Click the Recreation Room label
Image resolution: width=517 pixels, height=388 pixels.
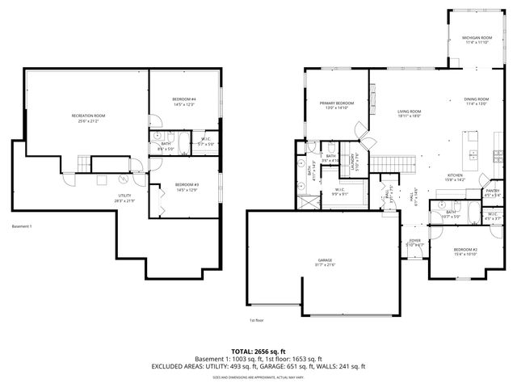click(88, 116)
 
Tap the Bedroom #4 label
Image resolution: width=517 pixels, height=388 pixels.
click(184, 99)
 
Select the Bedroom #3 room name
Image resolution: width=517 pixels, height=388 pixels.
click(187, 185)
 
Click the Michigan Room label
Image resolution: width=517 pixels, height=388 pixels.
click(477, 38)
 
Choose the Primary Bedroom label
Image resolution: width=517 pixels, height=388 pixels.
click(336, 103)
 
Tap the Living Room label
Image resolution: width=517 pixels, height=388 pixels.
click(409, 112)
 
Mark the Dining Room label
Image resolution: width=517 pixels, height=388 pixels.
click(476, 99)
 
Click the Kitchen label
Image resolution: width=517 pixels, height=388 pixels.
click(456, 176)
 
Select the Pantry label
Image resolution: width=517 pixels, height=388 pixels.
click(492, 191)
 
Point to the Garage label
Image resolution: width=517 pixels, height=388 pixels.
click(324, 260)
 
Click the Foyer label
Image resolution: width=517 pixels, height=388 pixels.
click(414, 240)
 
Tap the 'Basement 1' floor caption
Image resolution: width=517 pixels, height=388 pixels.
click(22, 226)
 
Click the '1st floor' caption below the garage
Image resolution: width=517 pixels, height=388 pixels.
click(257, 320)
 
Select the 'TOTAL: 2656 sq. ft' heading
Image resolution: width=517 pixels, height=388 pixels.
click(258, 351)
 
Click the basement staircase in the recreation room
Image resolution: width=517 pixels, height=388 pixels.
click(82, 165)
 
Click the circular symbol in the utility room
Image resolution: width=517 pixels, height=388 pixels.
click(123, 179)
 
